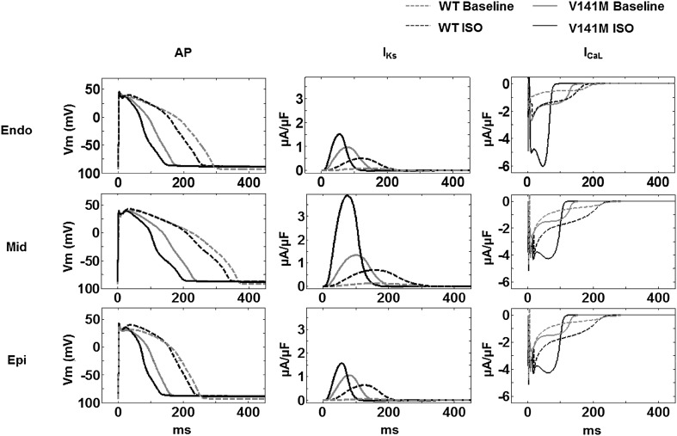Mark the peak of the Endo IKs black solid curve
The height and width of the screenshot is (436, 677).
click(x=339, y=134)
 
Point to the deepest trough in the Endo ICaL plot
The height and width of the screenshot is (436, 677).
click(x=543, y=165)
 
